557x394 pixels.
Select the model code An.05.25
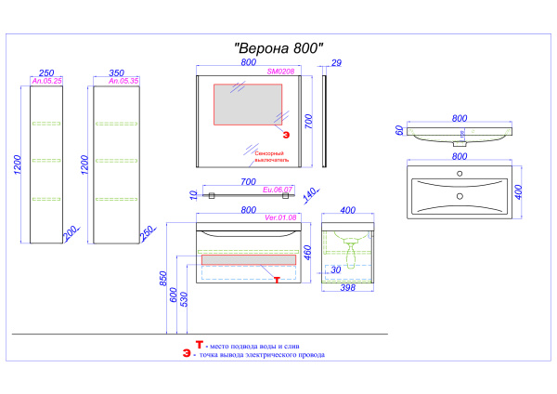45,82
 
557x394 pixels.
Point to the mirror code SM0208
279,71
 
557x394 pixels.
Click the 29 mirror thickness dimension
336,62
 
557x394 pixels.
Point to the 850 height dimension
162,280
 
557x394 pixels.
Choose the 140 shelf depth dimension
310,193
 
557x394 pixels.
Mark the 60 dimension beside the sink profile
399,132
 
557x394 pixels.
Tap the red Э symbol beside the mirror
286,134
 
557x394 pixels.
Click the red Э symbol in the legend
187,354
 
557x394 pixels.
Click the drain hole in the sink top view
459,195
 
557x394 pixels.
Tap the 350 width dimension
116,72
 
